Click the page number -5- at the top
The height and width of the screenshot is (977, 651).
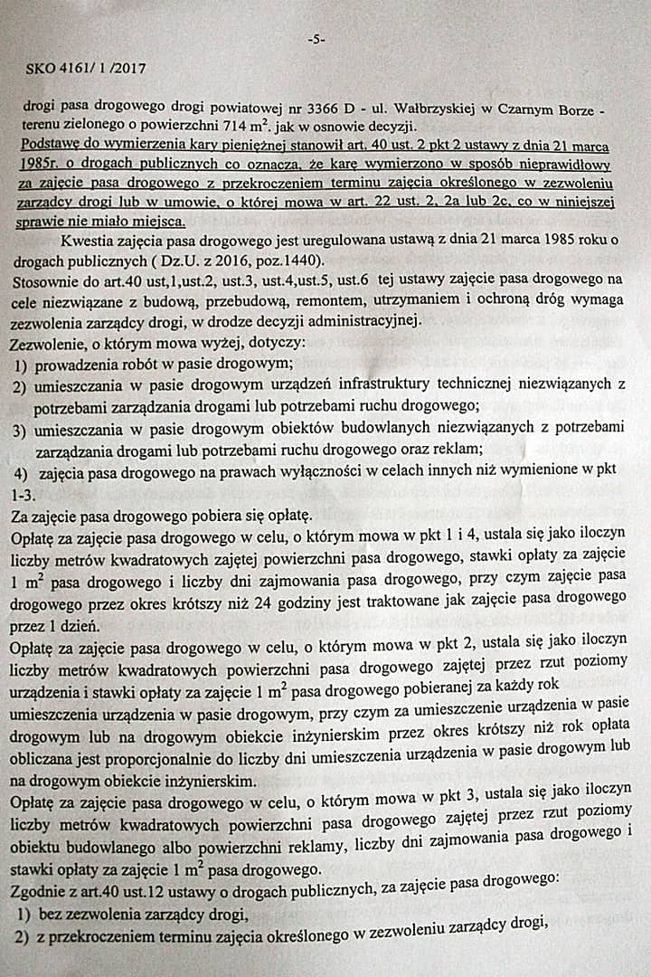tap(316, 39)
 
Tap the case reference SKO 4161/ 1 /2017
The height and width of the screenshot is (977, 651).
tap(88, 67)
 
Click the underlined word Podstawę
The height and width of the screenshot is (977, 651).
tap(53, 145)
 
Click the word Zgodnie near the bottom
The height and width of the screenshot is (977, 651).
tap(37, 890)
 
